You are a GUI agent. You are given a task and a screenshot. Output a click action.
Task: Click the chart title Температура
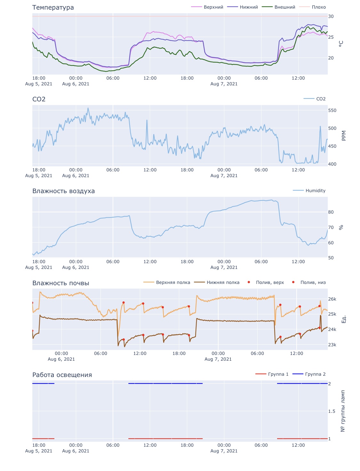[x=53, y=7]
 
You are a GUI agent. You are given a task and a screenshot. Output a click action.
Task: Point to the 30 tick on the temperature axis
[x=331, y=16]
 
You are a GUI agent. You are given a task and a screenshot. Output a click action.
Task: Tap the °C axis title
[x=341, y=44]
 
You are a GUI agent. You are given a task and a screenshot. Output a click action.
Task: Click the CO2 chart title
[x=39, y=99]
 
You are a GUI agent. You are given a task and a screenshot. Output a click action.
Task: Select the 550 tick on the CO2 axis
[x=332, y=110]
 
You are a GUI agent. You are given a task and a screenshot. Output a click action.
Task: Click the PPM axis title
[x=344, y=136]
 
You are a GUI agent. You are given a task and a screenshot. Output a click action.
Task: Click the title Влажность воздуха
[x=63, y=191]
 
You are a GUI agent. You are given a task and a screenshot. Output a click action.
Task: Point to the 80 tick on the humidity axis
[x=331, y=212]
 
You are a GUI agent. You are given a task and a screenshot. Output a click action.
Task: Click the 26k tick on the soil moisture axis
[x=332, y=299]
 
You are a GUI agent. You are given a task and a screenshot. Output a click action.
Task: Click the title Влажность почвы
[x=60, y=283]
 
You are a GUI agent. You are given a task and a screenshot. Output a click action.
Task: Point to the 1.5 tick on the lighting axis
[x=332, y=411]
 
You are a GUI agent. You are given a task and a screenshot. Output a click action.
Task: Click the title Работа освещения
[x=62, y=375]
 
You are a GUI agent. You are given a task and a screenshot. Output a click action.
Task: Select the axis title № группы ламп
[x=343, y=411]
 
